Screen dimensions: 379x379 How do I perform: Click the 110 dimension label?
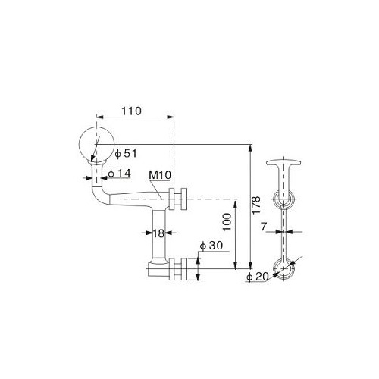click(x=131, y=111)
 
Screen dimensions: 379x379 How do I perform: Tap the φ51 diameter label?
click(x=126, y=153)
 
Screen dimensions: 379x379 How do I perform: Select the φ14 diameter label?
click(x=119, y=174)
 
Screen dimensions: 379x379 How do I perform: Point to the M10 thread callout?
click(x=160, y=175)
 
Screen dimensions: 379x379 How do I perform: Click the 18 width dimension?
click(x=158, y=233)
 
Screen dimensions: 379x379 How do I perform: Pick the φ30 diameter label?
click(x=211, y=246)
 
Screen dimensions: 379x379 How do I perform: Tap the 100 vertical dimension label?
click(x=227, y=222)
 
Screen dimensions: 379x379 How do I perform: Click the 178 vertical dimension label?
click(x=256, y=205)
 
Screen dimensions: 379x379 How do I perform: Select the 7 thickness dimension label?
click(x=264, y=227)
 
